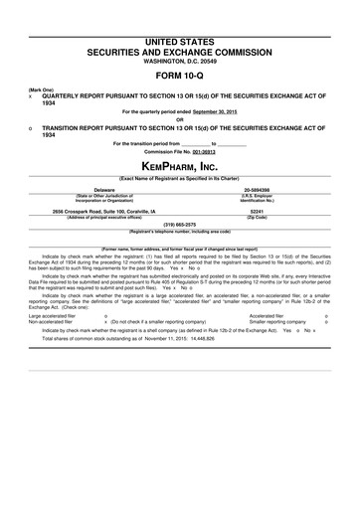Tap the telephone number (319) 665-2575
pyautogui.click(x=180, y=224)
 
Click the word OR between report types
pyautogui.click(x=180, y=119)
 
